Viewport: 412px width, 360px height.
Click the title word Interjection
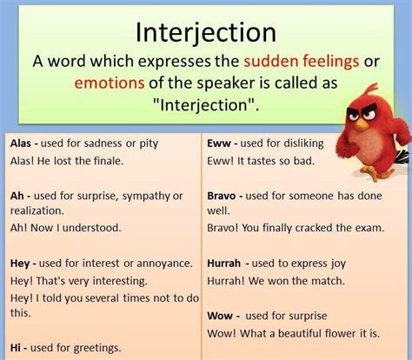pos(205,33)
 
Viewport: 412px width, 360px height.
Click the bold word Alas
pos(17,143)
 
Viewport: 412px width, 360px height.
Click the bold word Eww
pos(219,143)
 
